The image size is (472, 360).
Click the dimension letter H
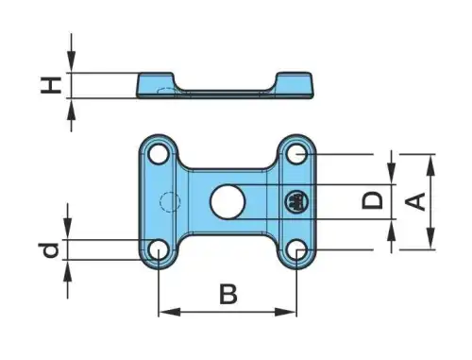coord(51,85)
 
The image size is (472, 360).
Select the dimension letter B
coord(228,294)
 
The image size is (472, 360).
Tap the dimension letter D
coord(373,200)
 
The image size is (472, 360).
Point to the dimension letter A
coord(415,201)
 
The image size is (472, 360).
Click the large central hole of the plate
coord(228,201)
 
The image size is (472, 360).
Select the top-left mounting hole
coord(159,154)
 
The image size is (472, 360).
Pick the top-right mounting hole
coord(296,154)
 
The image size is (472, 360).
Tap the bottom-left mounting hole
coord(159,250)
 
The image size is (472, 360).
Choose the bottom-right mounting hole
coord(296,250)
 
